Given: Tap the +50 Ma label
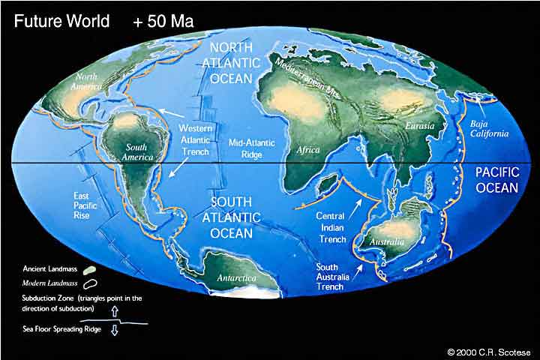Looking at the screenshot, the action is point(163,20).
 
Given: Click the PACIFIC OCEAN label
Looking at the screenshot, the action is point(497,179).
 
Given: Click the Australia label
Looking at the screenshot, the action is point(387,242).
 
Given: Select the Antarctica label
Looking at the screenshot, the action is point(236,277).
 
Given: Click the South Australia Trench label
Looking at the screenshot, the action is point(330,276).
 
